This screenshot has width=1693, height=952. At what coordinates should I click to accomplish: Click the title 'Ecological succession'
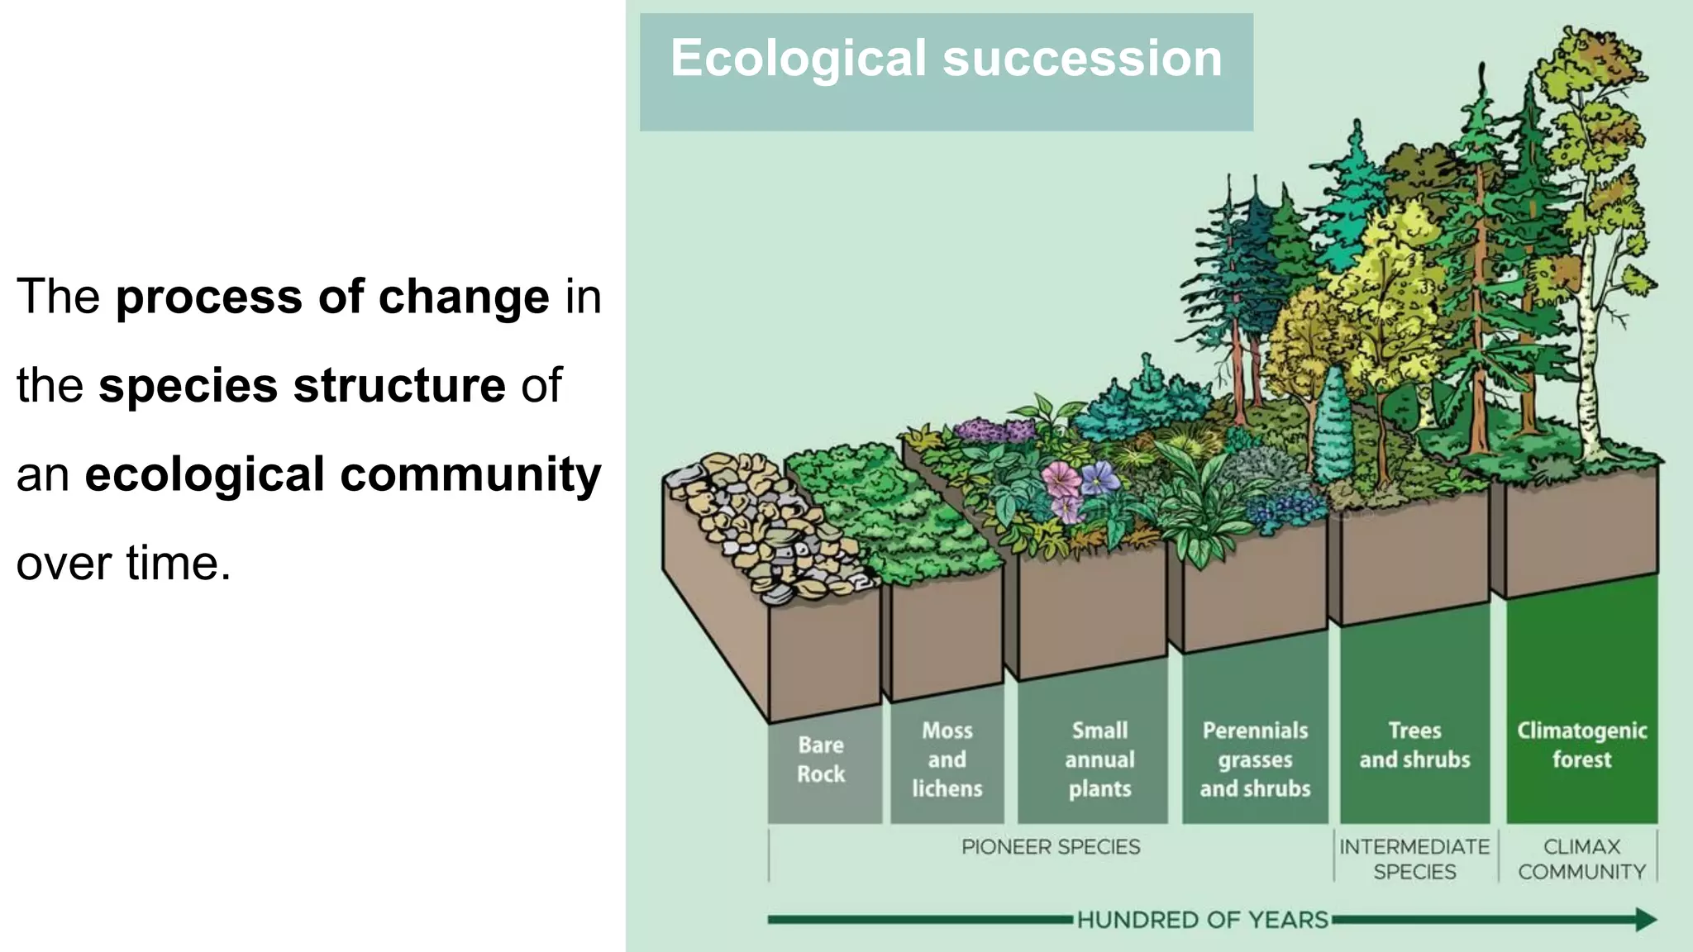point(946,59)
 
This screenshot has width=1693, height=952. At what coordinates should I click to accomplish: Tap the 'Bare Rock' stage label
point(821,759)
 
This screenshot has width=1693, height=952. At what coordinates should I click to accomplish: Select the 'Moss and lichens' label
point(947,759)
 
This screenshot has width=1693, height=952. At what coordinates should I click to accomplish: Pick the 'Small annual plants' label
point(1099,759)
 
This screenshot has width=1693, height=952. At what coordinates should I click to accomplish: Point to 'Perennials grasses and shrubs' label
point(1255,759)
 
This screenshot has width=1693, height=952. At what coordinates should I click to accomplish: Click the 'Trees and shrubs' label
point(1414,745)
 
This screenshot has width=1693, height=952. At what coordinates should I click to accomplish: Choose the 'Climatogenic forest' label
point(1581,745)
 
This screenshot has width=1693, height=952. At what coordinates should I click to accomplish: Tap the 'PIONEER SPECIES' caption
point(1051,847)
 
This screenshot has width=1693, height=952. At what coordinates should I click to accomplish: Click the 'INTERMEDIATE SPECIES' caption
point(1414,859)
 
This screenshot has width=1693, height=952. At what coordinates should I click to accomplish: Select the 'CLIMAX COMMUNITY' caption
point(1581,859)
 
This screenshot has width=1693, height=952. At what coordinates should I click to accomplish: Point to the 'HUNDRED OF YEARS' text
point(1203,920)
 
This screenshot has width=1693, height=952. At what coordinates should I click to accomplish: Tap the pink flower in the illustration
point(1061,480)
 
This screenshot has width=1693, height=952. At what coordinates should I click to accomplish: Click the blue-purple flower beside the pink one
point(1099,477)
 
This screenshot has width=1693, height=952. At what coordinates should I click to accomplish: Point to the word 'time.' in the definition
point(178,564)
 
